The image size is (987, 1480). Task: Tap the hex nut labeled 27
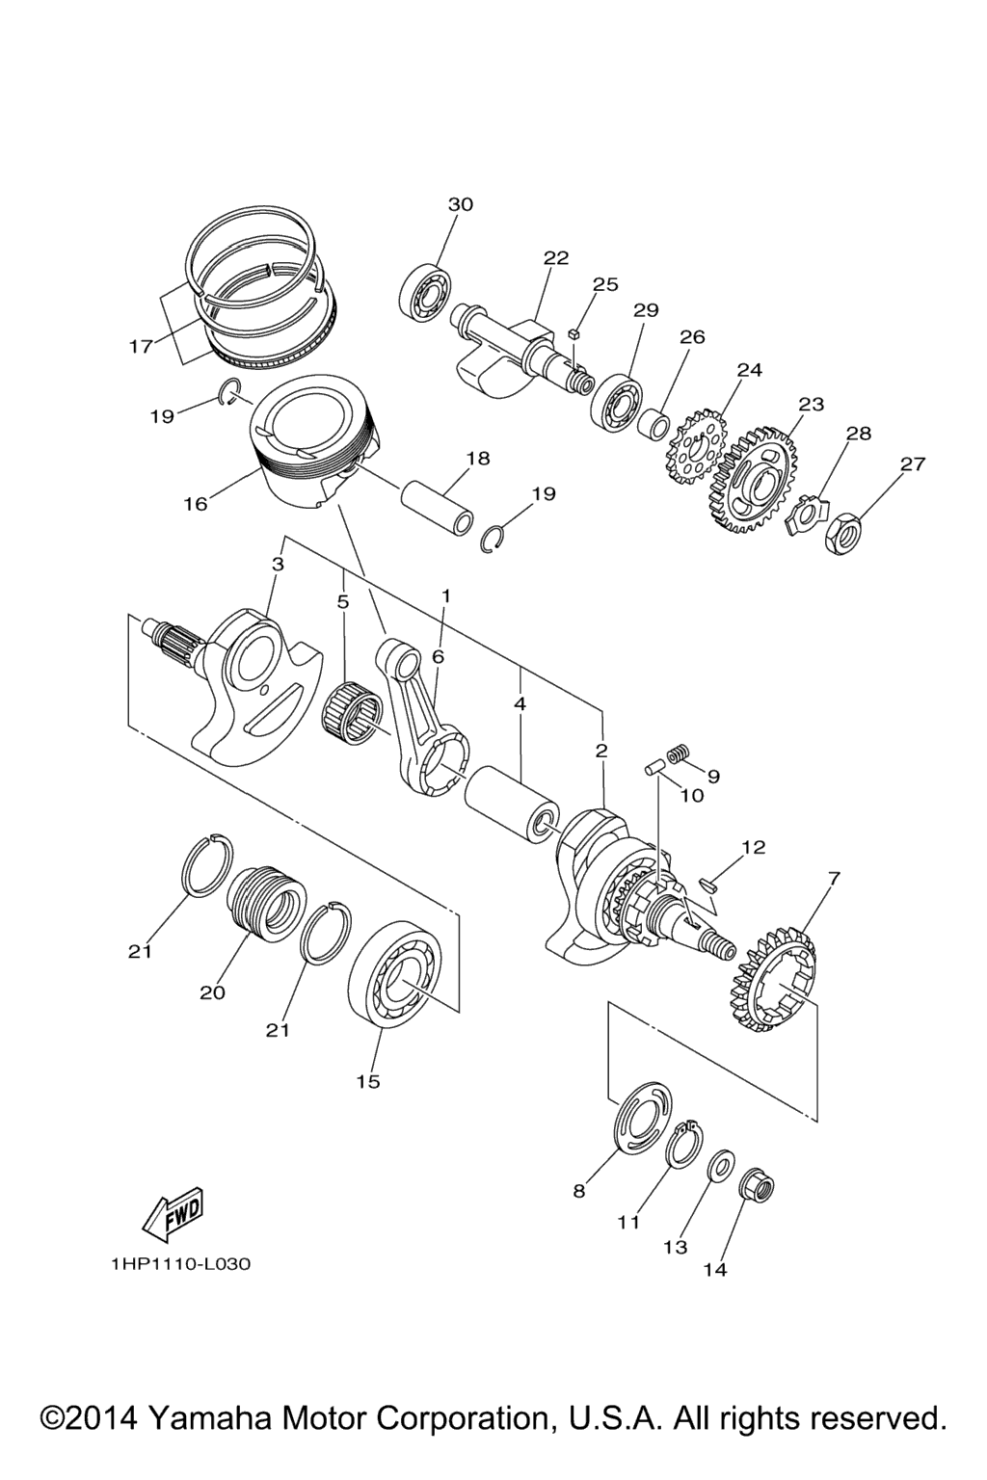tap(840, 534)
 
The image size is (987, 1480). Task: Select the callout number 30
tap(461, 205)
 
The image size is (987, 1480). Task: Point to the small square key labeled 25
tap(574, 332)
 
